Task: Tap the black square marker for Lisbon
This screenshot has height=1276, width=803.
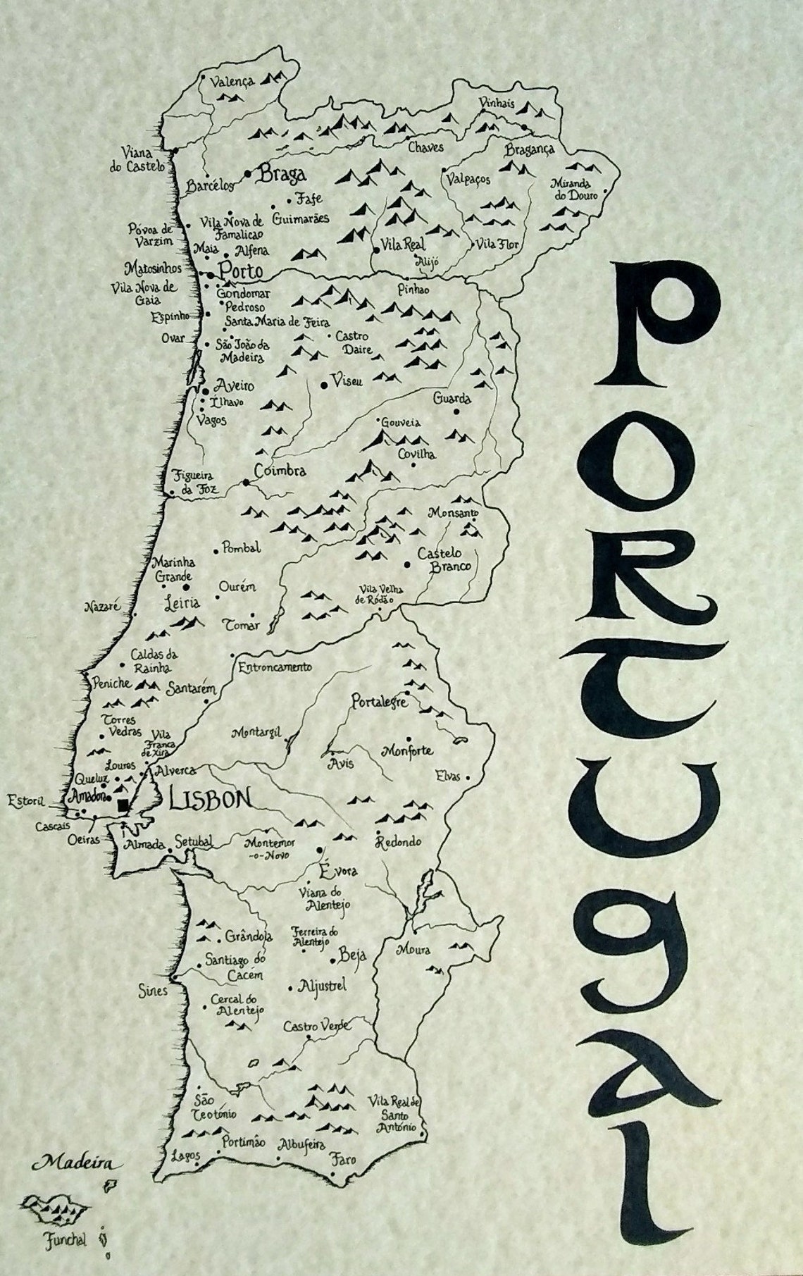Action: pos(124,805)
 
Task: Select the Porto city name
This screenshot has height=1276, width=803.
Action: pos(240,271)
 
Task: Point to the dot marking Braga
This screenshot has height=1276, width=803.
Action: pos(248,173)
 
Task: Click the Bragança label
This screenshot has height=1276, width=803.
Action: pos(530,149)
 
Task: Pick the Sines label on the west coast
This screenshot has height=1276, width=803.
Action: pos(153,991)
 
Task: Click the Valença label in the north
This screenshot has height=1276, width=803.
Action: pos(231,81)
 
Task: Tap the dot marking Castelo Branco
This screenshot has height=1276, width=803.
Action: pos(407,564)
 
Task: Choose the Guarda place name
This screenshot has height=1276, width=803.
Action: pos(452,398)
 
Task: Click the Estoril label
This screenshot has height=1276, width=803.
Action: pos(25,801)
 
